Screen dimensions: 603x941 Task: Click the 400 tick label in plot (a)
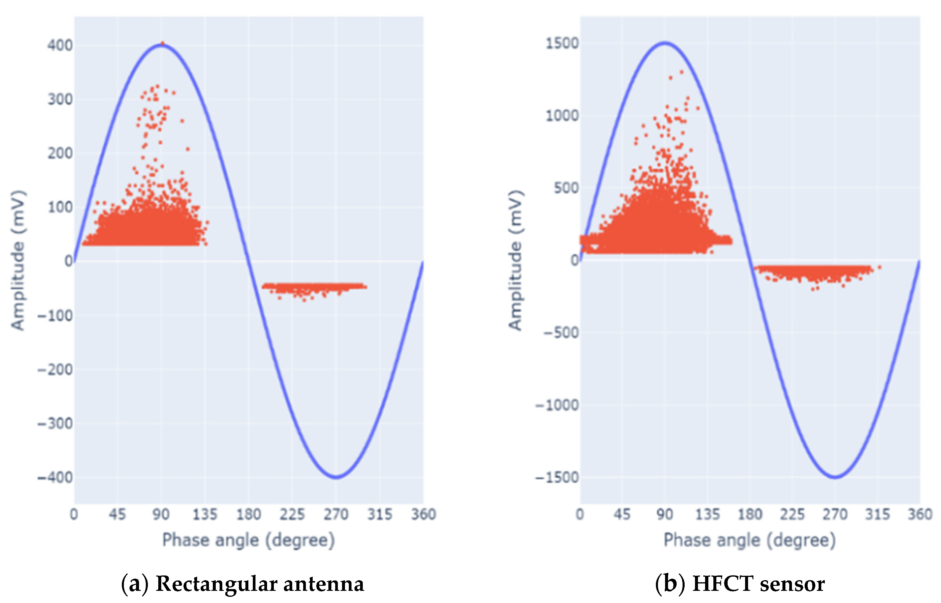(x=60, y=45)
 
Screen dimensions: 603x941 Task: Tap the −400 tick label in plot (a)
(x=55, y=478)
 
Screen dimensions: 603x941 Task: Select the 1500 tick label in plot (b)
(x=562, y=44)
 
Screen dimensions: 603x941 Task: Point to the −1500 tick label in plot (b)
(x=557, y=478)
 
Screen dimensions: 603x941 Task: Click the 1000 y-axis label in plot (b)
(x=562, y=116)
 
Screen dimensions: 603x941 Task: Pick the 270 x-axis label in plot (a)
(x=335, y=514)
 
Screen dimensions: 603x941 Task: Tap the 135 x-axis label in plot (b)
(x=707, y=514)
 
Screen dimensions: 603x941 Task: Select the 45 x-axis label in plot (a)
(x=117, y=514)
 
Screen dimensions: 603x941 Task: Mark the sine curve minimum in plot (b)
(x=835, y=477)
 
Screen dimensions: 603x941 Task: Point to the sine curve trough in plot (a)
(x=336, y=477)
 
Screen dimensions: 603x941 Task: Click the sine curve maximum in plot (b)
(x=665, y=43)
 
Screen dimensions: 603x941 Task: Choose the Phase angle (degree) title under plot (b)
(x=750, y=540)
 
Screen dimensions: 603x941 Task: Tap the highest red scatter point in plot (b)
(x=681, y=72)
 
